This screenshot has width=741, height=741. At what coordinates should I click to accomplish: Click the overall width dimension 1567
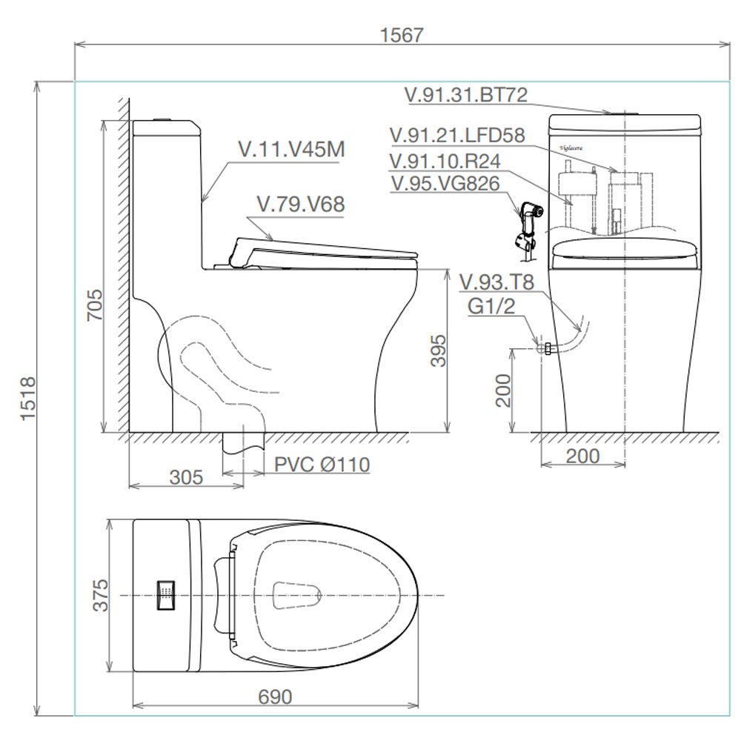pyautogui.click(x=402, y=35)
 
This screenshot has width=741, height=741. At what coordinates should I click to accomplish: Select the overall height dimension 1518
pyautogui.click(x=28, y=397)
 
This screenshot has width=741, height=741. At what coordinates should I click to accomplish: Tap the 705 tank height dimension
pyautogui.click(x=95, y=305)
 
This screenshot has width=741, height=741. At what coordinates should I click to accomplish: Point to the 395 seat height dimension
pyautogui.click(x=438, y=350)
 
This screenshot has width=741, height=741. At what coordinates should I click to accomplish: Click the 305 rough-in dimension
pyautogui.click(x=186, y=477)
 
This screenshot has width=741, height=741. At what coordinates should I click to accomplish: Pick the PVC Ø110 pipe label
pyautogui.click(x=322, y=465)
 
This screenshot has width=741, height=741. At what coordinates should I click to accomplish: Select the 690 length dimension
pyautogui.click(x=275, y=697)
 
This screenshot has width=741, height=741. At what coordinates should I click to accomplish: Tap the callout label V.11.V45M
pyautogui.click(x=291, y=150)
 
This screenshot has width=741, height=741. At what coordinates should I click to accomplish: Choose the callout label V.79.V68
pyautogui.click(x=301, y=205)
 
